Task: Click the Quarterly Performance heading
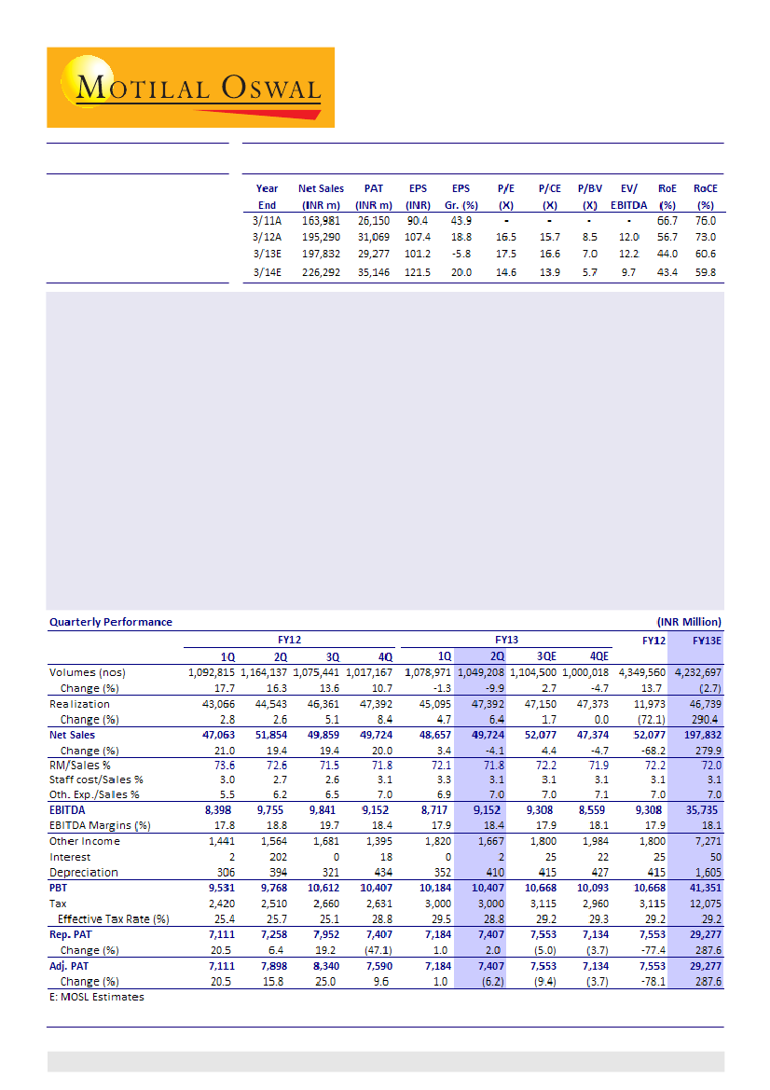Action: [x=110, y=622]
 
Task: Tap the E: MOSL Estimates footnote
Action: [x=97, y=997]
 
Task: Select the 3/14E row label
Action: [x=268, y=272]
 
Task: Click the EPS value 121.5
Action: [x=417, y=272]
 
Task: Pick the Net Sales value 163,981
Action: [x=321, y=221]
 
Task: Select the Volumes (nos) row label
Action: [x=87, y=671]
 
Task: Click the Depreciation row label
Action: [x=84, y=873]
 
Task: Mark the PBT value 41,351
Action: [x=703, y=889]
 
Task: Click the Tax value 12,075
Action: [x=703, y=904]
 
